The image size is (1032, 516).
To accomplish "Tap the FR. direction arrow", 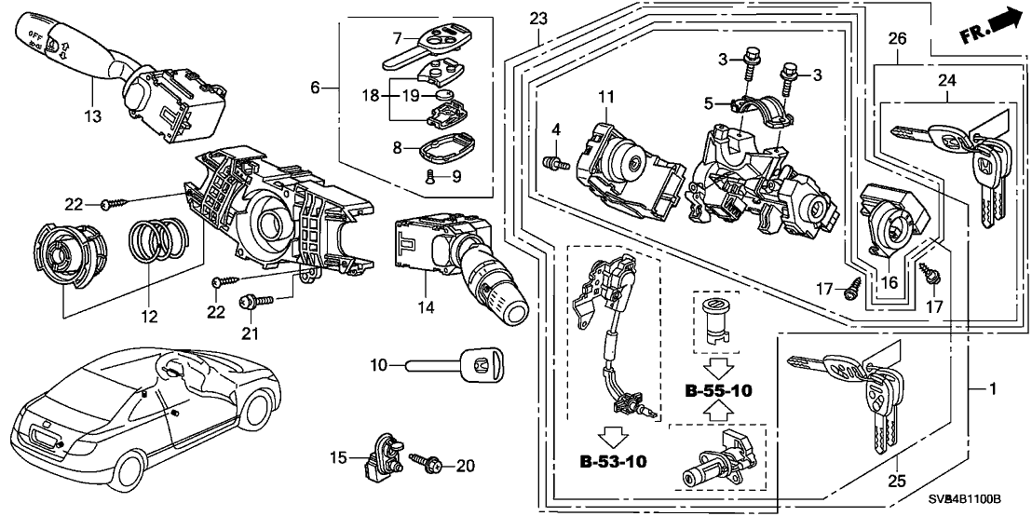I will [989, 25].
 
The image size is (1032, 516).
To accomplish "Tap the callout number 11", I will [607, 96].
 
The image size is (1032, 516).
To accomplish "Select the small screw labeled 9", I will [429, 176].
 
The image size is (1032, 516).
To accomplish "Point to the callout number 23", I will [538, 19].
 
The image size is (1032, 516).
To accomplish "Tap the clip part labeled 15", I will [379, 455].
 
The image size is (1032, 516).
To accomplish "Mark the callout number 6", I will [316, 88].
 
